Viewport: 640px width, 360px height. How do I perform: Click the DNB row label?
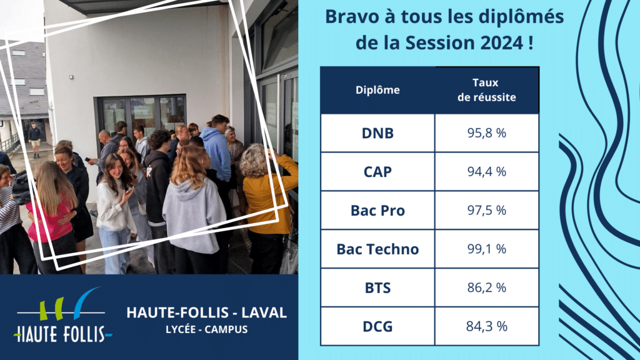pyautogui.click(x=377, y=133)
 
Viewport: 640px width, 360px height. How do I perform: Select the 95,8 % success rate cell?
pyautogui.click(x=486, y=133)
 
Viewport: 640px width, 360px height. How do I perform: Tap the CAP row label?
pyautogui.click(x=377, y=172)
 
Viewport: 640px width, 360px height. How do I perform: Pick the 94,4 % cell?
pyautogui.click(x=486, y=172)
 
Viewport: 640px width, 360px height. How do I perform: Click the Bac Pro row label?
pyautogui.click(x=377, y=211)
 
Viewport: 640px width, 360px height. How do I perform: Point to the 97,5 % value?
pyautogui.click(x=486, y=211)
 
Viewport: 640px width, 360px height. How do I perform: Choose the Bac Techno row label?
pyautogui.click(x=377, y=249)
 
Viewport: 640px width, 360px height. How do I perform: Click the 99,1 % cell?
pyautogui.click(x=486, y=249)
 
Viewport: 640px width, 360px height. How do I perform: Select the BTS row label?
pyautogui.click(x=377, y=287)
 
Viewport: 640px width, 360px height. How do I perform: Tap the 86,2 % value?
pyautogui.click(x=486, y=287)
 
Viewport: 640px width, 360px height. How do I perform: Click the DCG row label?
pyautogui.click(x=377, y=326)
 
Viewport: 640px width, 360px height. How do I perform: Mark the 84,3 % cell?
pyautogui.click(x=486, y=326)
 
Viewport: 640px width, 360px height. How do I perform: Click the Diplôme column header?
pyautogui.click(x=377, y=90)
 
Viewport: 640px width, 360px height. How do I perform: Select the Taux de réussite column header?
pyautogui.click(x=486, y=90)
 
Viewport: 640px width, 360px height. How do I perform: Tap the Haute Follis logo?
pyautogui.click(x=63, y=315)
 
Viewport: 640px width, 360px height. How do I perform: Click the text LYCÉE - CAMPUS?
pyautogui.click(x=206, y=329)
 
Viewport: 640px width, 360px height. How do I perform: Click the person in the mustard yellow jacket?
pyautogui.click(x=267, y=208)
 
